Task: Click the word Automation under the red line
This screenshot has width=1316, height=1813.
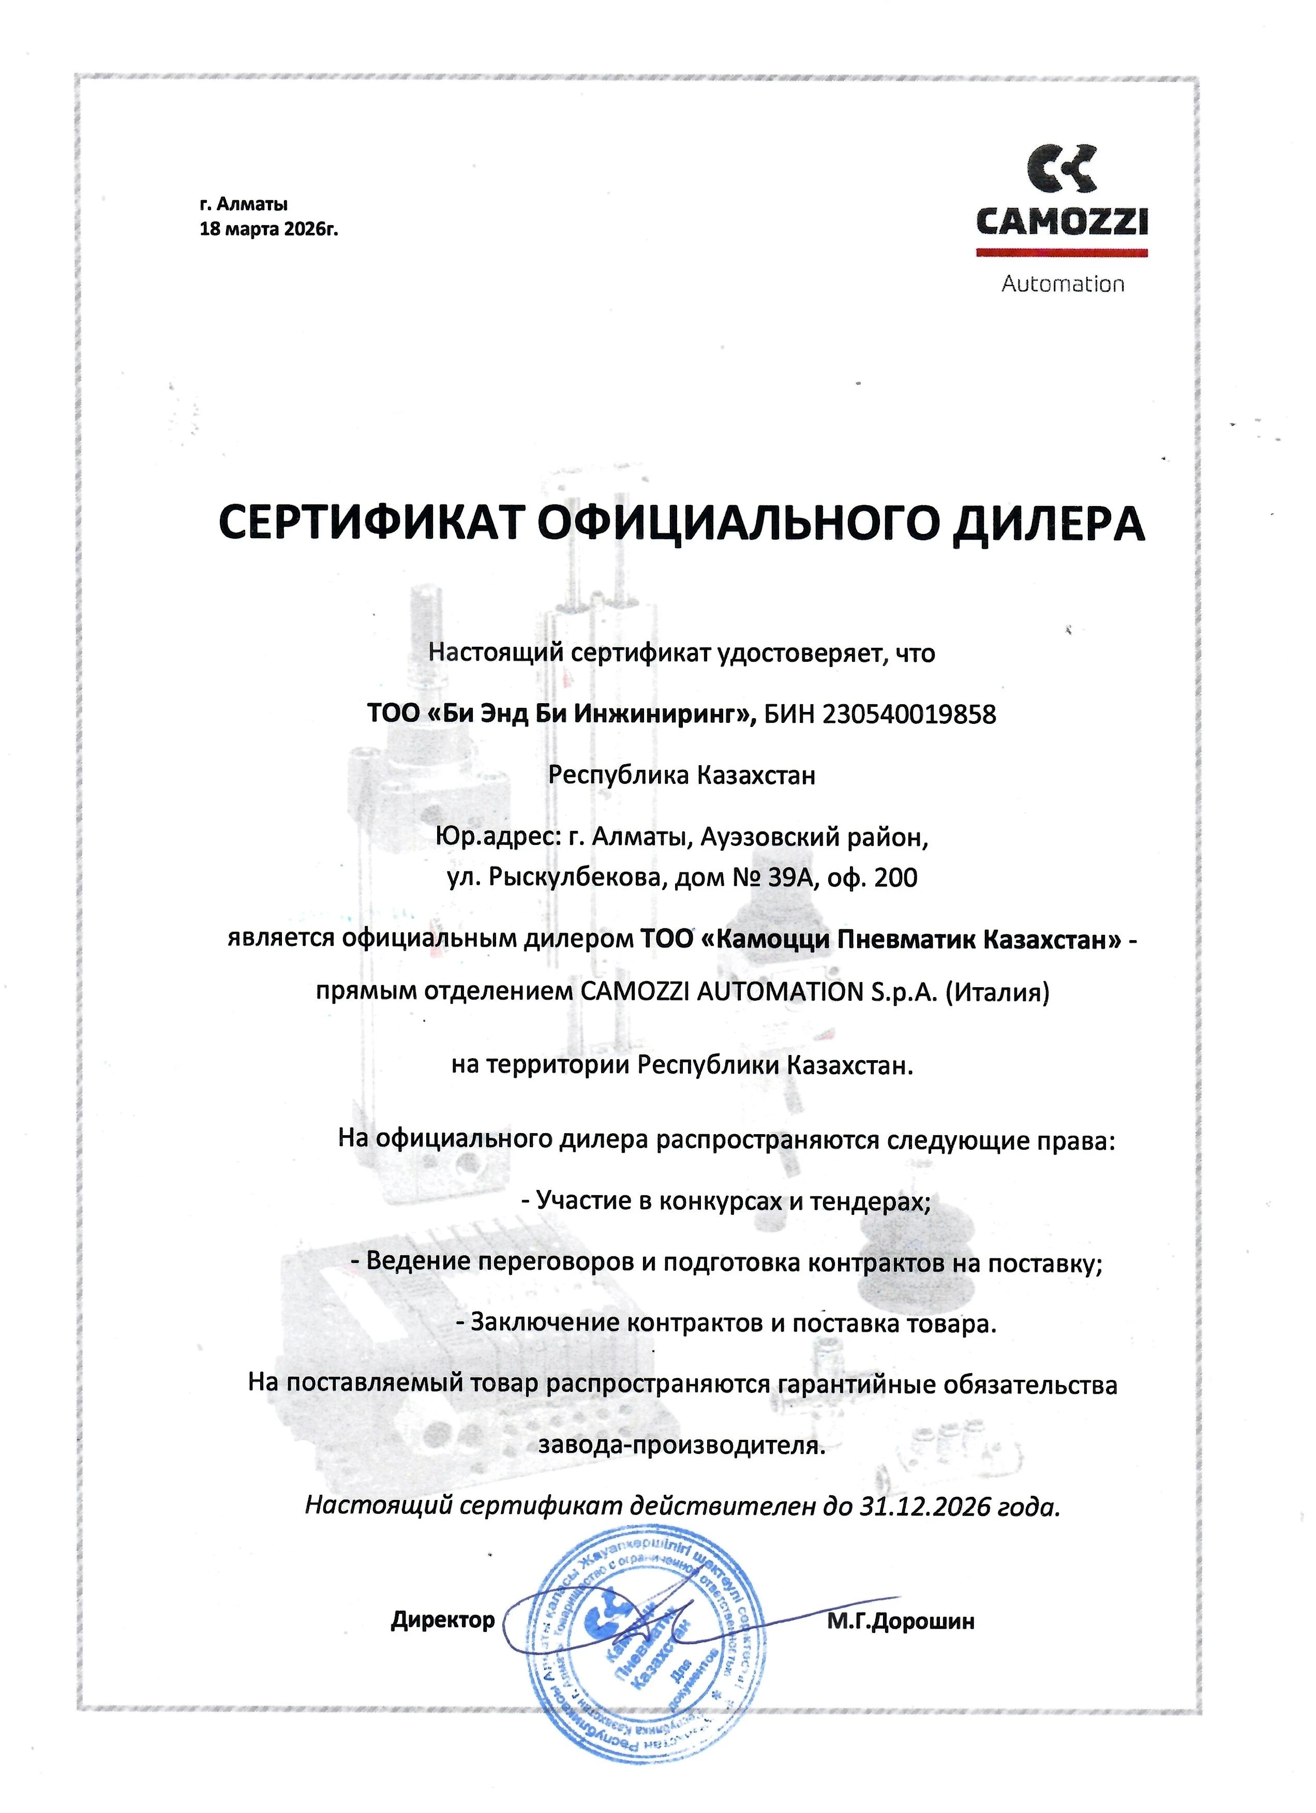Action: point(1063,284)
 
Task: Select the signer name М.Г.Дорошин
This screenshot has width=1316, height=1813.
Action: point(901,1621)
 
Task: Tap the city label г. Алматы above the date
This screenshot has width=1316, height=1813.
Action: point(244,205)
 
